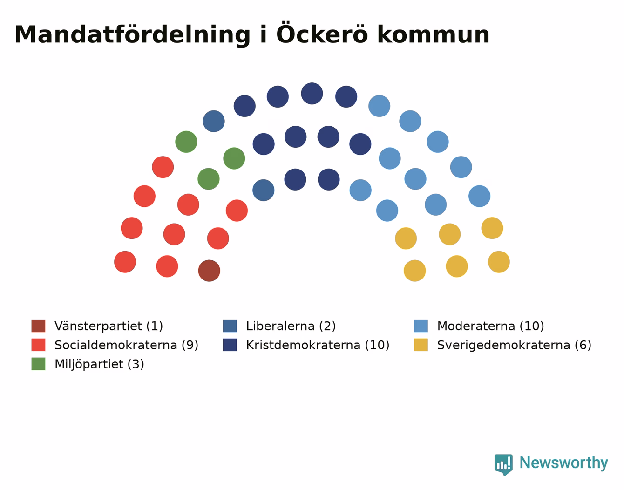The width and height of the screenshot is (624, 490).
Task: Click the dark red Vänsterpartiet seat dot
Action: (209, 271)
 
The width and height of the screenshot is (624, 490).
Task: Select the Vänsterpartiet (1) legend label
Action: (109, 326)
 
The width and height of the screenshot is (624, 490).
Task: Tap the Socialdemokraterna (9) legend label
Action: (126, 345)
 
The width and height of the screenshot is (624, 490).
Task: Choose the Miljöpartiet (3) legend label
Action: (99, 364)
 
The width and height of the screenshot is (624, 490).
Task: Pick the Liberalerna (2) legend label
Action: (291, 326)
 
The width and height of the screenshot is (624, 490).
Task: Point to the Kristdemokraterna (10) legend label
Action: (318, 345)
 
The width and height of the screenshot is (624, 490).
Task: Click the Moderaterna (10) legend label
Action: (490, 326)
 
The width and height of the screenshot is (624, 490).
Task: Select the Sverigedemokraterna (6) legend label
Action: (514, 345)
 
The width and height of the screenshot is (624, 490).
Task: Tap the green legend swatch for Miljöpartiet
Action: (38, 364)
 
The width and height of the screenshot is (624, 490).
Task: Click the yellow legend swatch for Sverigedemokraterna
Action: (421, 345)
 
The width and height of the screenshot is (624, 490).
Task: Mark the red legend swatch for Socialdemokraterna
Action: (38, 345)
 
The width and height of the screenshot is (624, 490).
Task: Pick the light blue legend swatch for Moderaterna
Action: (421, 326)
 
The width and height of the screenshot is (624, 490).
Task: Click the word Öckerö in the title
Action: (322, 34)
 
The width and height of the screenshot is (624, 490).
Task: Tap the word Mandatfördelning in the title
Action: (132, 35)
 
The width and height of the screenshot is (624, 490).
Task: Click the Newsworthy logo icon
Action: (503, 465)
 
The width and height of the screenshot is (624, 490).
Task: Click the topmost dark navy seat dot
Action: (312, 94)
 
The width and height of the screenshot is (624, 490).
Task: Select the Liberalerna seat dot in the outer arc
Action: (214, 121)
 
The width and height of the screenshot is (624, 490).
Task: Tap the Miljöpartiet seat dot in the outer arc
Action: (186, 142)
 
